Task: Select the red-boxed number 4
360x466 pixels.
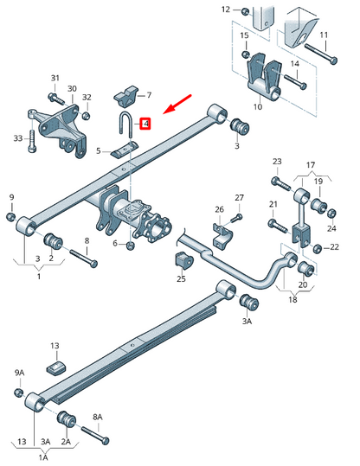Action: click(146, 124)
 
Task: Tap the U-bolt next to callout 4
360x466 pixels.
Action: click(126, 124)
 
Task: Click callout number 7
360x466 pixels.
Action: click(148, 95)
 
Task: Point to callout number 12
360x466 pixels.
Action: click(226, 10)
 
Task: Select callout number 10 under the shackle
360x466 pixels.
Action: click(257, 107)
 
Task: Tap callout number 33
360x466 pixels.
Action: click(16, 138)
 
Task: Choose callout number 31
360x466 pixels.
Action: click(55, 79)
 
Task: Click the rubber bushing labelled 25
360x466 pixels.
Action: click(182, 260)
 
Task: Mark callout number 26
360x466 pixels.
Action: click(219, 209)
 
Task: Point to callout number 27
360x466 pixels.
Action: click(240, 198)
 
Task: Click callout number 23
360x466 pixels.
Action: click(277, 162)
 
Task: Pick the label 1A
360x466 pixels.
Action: click(42, 457)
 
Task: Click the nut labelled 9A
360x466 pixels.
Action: click(19, 393)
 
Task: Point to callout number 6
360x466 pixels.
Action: click(115, 244)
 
